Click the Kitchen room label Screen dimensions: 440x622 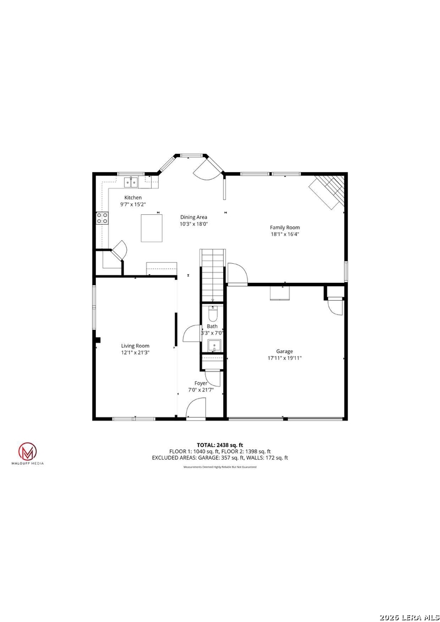133,198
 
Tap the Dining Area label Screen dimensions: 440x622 194,217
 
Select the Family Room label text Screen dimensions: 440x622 285,227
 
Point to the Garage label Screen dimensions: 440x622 284,351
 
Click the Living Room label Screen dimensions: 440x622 135,346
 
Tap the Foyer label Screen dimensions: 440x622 201,383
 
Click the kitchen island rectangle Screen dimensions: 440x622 152,227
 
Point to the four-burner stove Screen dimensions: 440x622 102,218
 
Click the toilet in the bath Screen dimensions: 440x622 213,314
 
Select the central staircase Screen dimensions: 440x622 213,275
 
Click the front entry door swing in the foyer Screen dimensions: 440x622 195,408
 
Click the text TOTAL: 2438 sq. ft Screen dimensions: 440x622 220,445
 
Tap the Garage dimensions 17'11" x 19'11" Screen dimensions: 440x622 284,358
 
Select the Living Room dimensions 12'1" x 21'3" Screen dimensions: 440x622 135,352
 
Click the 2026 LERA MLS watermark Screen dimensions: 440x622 409,617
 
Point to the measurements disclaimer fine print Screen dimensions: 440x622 220,467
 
